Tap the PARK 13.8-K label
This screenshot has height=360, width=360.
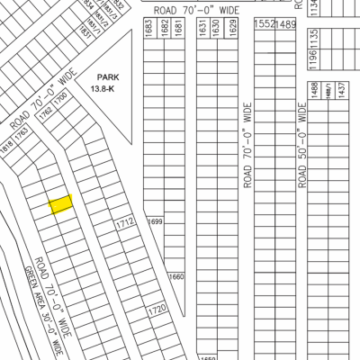[x=104, y=85]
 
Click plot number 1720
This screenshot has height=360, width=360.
[x=157, y=310]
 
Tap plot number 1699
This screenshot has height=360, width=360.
[x=155, y=221]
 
